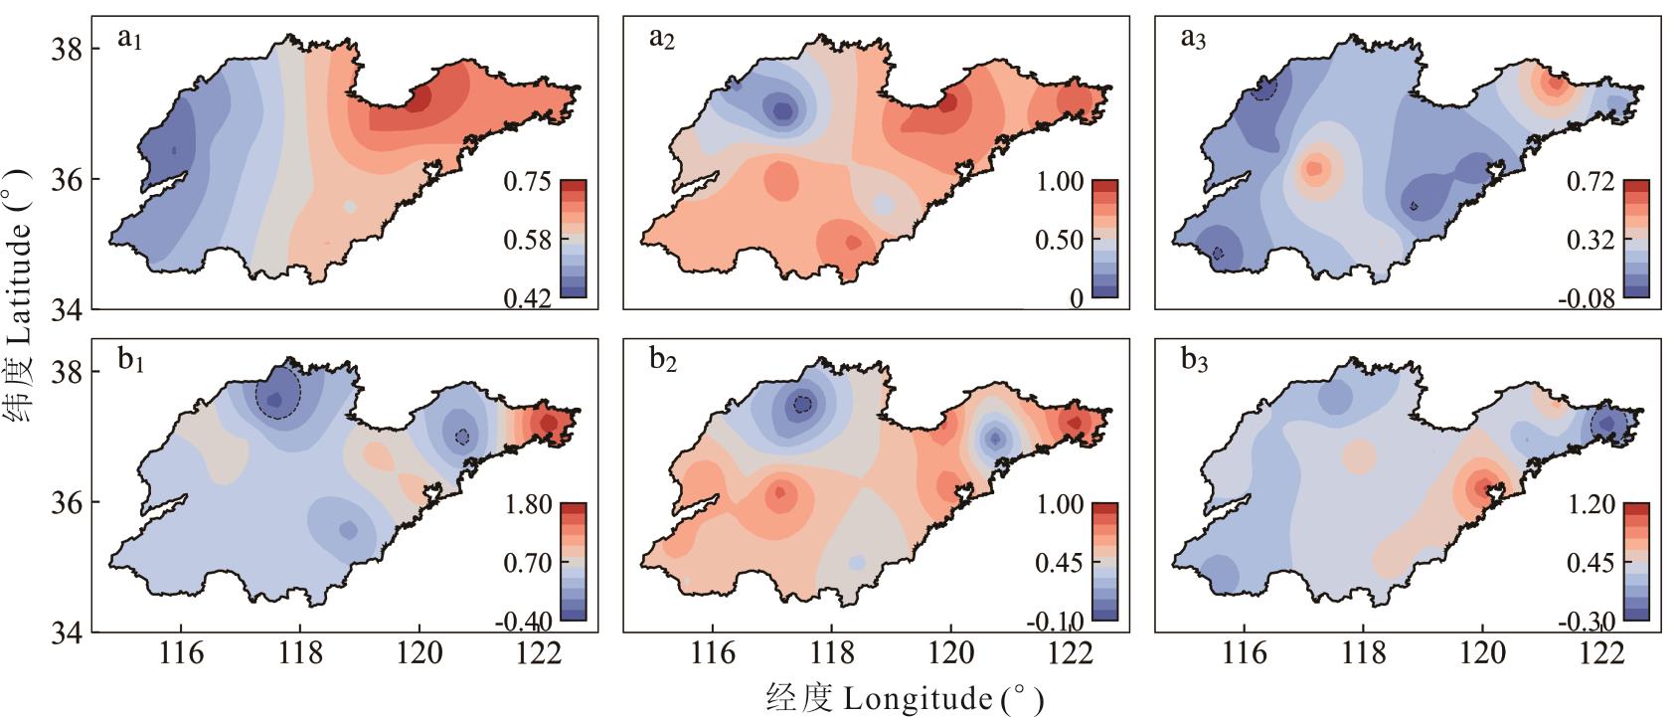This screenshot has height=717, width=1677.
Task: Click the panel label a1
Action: click(130, 40)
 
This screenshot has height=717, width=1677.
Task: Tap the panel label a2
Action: click(662, 40)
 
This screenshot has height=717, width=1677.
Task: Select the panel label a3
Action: click(1194, 40)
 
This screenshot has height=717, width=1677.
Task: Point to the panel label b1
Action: click(131, 362)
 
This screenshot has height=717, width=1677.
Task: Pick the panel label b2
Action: click(663, 362)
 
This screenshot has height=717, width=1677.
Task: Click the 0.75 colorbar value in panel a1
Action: click(527, 182)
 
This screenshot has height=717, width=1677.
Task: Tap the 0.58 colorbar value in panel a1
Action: click(527, 241)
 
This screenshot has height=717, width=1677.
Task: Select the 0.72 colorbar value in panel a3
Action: click(1590, 182)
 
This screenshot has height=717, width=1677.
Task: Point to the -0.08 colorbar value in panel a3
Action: click(1586, 298)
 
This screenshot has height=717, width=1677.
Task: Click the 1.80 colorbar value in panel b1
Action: click(527, 504)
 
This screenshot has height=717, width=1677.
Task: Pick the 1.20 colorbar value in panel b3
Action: click(1590, 504)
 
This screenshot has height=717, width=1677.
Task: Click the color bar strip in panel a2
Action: click(1104, 239)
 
